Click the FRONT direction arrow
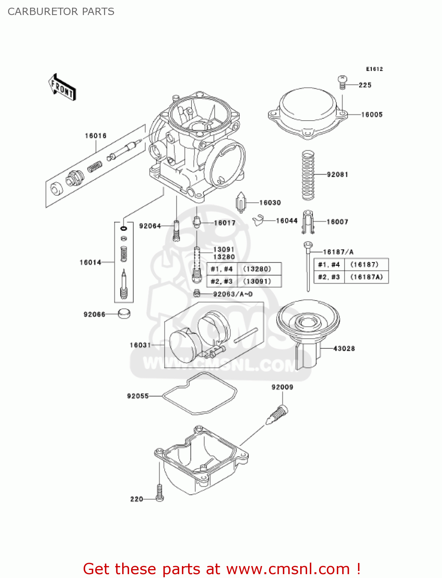62,87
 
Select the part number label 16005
371,114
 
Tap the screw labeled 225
342,82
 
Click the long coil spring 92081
308,175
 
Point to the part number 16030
270,203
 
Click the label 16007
337,222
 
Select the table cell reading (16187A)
366,277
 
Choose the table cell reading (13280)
257,269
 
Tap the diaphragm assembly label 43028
344,349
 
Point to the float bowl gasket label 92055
138,396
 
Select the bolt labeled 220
160,493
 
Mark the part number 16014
90,262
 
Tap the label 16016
96,136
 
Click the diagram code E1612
374,69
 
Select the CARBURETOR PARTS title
61,12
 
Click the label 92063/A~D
233,294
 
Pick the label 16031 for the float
140,345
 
